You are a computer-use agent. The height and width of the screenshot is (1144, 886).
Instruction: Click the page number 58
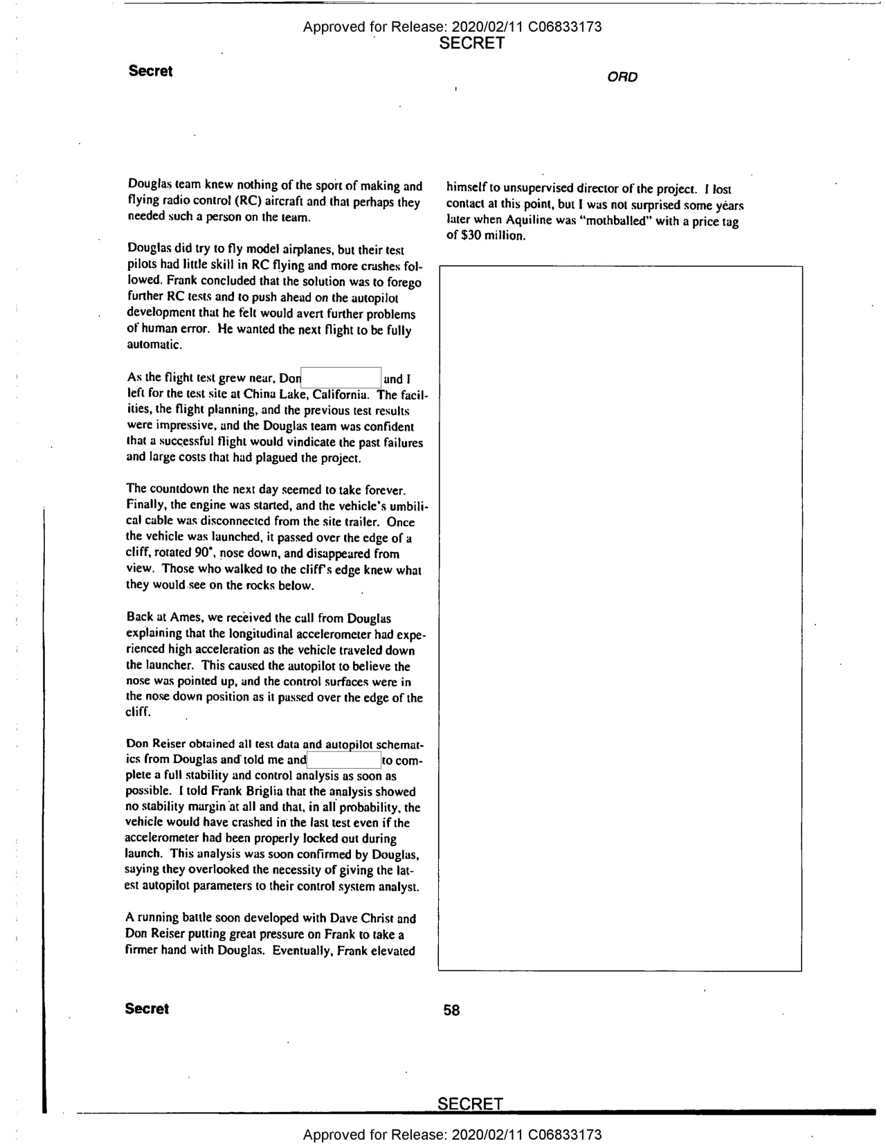(451, 1010)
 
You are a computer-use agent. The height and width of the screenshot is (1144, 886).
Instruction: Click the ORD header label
(622, 77)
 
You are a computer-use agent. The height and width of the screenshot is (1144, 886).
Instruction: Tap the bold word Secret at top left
(150, 71)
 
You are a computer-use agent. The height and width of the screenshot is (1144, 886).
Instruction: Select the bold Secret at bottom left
(147, 1008)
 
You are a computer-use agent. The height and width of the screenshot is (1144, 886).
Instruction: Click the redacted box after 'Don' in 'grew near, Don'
(341, 377)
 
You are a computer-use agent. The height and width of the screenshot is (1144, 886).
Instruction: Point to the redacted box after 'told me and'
(343, 760)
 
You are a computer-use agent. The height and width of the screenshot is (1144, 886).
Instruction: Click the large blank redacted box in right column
(620, 618)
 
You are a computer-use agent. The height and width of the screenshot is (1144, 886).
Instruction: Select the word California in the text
(341, 395)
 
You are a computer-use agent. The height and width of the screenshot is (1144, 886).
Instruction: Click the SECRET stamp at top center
(471, 43)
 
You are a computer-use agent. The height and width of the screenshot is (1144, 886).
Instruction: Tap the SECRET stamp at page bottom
(470, 1103)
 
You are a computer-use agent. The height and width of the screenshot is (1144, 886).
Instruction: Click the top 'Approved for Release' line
(452, 27)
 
